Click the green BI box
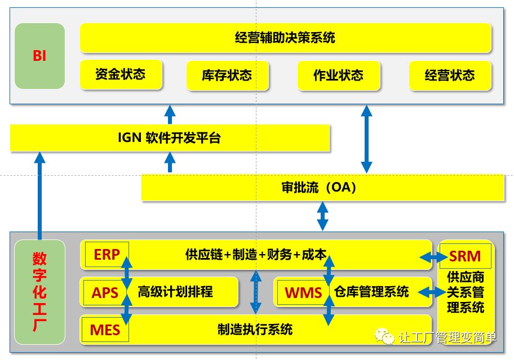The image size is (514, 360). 39,56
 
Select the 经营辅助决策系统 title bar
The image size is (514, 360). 285,38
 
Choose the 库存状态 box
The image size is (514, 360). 227,75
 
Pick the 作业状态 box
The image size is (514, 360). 338,75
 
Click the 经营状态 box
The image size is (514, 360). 450,75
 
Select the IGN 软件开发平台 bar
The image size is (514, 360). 169,138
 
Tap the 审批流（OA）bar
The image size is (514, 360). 322,188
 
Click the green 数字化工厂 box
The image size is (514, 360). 39,291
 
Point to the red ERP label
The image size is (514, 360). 107,255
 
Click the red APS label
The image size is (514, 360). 105,292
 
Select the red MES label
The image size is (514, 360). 105,329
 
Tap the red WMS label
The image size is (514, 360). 303,292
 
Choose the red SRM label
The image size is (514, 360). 465,257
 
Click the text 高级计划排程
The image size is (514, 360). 175,292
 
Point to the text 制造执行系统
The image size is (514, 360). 255,329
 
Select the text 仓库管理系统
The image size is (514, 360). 371,291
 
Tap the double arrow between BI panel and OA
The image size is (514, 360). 366,138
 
